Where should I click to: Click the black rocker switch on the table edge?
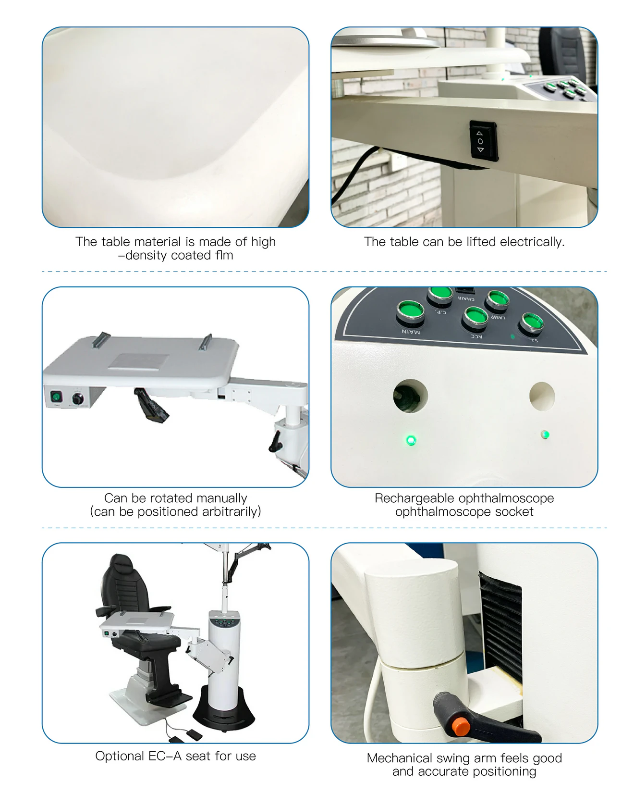point(483,141)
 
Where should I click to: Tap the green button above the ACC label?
point(475,317)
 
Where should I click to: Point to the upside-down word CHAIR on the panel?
point(465,298)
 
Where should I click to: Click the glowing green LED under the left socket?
point(411,440)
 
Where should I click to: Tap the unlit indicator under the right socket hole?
point(545,435)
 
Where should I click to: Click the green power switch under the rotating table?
point(57,397)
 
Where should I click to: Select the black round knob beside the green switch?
point(78,398)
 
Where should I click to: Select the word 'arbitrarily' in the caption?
point(232,512)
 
